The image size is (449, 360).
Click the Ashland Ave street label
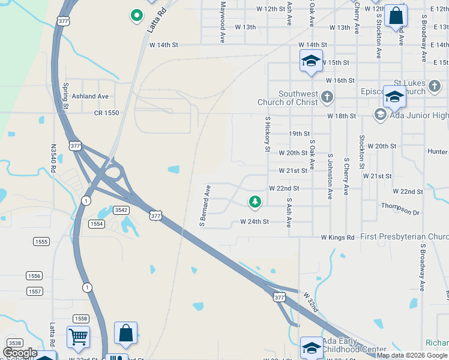[x=91, y=96]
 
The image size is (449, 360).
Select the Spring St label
[x=66, y=96]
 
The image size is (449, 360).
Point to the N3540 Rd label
[x=53, y=158]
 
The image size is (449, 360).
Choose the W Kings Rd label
[x=337, y=238]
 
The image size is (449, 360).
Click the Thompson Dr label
[x=400, y=209]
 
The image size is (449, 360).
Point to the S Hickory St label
[x=268, y=134]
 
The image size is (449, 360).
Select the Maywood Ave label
[x=222, y=16]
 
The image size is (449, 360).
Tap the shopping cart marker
[x=78, y=338]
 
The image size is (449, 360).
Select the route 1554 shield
[x=97, y=223]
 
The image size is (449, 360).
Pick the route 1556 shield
[x=34, y=275]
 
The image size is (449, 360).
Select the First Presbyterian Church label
[x=405, y=237]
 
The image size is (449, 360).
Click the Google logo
[x=20, y=353]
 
